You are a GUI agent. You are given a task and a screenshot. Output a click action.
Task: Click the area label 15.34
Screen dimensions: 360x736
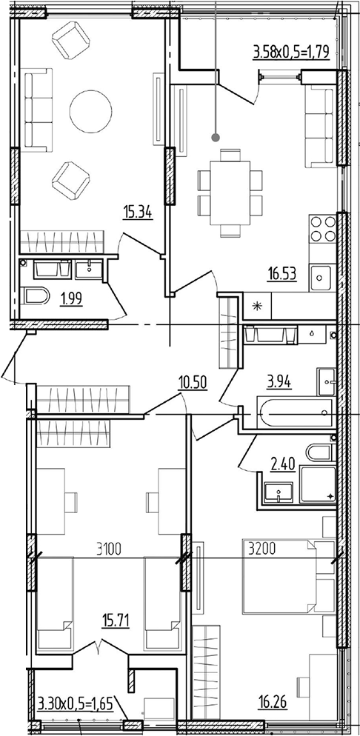click(x=138, y=214)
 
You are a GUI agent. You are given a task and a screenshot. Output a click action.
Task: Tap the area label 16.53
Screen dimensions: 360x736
click(x=281, y=273)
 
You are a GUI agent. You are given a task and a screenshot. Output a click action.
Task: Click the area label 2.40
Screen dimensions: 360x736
click(x=283, y=465)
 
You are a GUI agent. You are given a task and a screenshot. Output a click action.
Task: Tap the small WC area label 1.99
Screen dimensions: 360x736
click(x=71, y=298)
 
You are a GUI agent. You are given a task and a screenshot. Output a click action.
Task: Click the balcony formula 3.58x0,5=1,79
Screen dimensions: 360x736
click(x=291, y=51)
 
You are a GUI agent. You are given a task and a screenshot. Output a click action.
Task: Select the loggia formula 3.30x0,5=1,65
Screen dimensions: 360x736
click(x=75, y=704)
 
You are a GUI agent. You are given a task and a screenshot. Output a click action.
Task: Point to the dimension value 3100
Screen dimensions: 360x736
click(x=109, y=548)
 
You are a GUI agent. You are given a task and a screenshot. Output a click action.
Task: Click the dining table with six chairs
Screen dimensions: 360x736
click(x=230, y=193)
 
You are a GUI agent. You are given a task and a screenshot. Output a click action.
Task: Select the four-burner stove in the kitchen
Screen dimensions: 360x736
click(x=323, y=229)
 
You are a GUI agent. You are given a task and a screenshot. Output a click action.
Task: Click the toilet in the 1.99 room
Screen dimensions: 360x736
click(x=36, y=296)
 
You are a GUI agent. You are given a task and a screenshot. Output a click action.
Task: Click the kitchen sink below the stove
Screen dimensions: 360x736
click(x=320, y=278)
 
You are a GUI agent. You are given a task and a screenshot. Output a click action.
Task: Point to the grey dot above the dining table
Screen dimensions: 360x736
click(x=216, y=138)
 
